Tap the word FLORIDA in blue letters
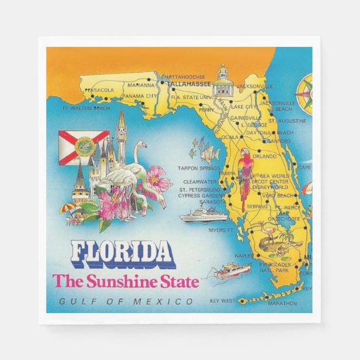[x=122, y=252]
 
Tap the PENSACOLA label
[x=99, y=90]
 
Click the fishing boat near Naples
[x=231, y=272]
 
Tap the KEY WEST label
[x=222, y=300]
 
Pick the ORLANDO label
[x=264, y=156]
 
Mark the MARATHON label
[x=283, y=303]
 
